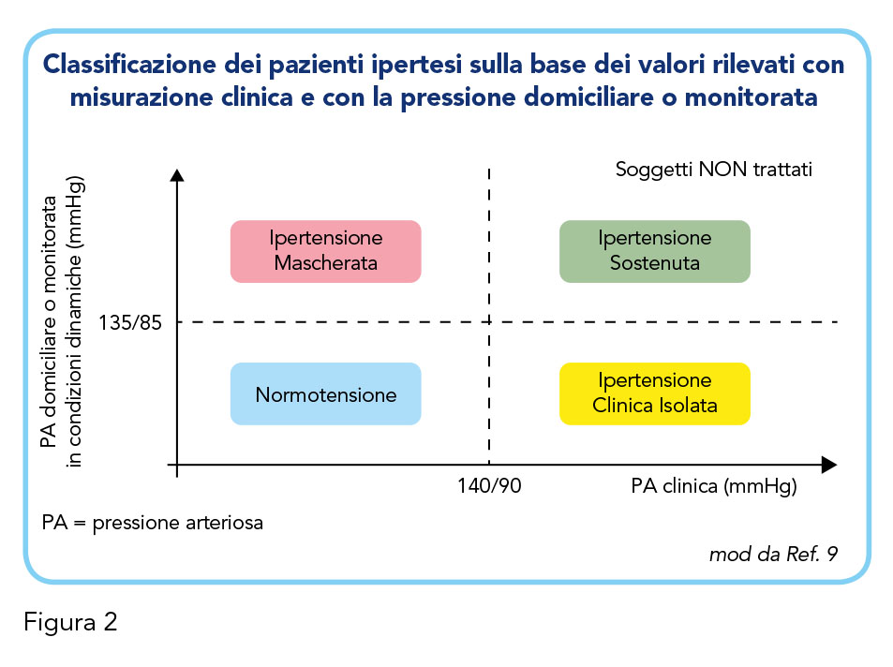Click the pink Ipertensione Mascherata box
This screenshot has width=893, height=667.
326,251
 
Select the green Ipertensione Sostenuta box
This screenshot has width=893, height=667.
655,251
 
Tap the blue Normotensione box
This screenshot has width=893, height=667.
326,393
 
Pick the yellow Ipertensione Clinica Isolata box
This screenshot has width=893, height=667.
655,393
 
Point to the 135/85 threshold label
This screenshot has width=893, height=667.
130,323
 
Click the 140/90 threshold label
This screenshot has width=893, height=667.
489,486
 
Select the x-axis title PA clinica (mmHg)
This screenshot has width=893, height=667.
714,486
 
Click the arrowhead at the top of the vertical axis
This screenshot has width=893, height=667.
177,175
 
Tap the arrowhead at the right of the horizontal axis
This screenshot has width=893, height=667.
829,465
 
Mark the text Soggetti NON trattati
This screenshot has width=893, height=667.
714,170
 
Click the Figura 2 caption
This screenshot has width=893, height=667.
70,622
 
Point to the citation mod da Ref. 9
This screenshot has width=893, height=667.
773,554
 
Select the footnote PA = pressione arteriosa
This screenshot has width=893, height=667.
153,523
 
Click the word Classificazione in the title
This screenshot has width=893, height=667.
129,64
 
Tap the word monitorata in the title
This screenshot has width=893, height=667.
751,97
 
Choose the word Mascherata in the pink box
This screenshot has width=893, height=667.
326,263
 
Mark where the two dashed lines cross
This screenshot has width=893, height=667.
489,322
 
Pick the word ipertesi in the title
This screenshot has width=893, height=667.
416,66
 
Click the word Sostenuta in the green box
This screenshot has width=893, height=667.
655,263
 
